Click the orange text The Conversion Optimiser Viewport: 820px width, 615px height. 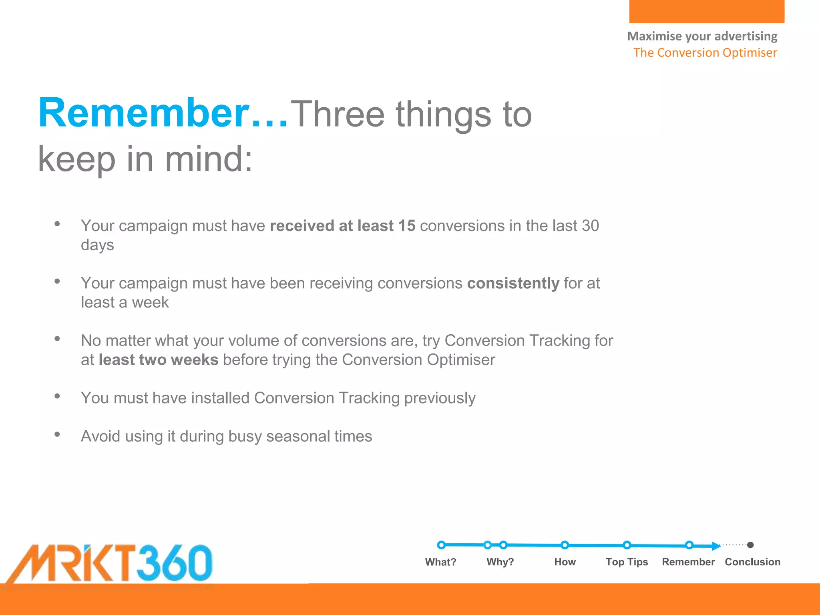pos(705,53)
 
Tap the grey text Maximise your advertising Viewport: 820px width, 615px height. pos(702,36)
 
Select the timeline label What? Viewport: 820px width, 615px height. pos(440,562)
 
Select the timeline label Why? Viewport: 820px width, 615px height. pos(500,562)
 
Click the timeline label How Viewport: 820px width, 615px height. pos(565,562)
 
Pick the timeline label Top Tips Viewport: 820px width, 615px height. pos(627,562)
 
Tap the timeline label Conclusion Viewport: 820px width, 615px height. pos(752,562)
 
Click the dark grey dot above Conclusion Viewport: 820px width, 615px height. pos(750,545)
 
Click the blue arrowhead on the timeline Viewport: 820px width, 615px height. pos(715,546)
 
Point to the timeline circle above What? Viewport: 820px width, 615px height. pos(441,545)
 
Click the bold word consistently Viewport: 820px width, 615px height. pos(513,283)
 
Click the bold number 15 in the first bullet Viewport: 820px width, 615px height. pos(407,226)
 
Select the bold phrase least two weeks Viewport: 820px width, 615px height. pos(159,360)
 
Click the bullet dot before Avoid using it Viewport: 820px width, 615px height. pos(57,434)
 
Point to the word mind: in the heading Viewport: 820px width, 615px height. pos(209,159)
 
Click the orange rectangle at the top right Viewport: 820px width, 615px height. pos(707,11)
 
